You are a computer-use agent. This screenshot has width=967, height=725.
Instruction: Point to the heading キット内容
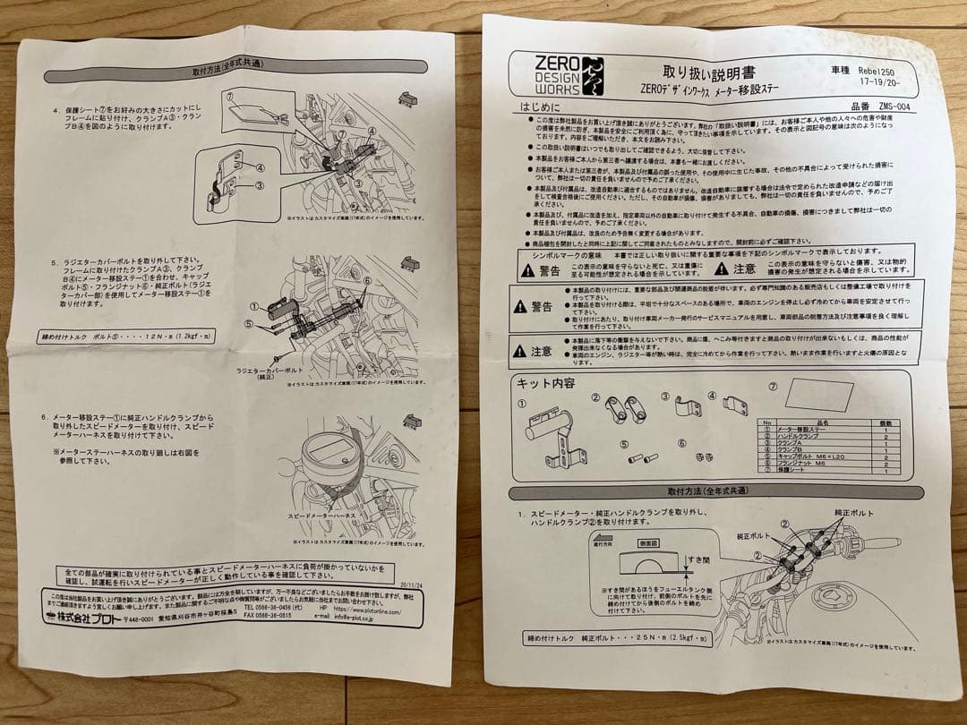click(x=545, y=383)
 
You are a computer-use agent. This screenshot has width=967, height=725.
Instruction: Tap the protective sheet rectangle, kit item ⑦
click(x=818, y=396)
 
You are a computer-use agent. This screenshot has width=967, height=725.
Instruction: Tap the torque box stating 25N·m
click(x=618, y=639)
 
